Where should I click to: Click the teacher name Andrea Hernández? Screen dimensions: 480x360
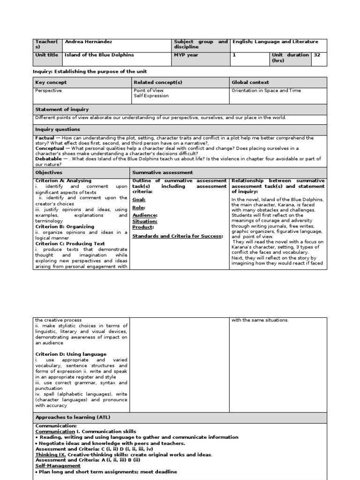click(x=88, y=42)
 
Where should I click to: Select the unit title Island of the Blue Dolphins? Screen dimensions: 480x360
click(x=99, y=55)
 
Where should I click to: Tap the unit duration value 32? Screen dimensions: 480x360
click(x=317, y=55)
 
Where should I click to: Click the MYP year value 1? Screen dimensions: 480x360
click(x=233, y=55)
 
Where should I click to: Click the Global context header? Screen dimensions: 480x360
click(x=250, y=82)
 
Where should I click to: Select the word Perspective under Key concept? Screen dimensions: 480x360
click(x=49, y=90)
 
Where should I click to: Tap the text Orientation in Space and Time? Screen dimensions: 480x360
click(x=266, y=90)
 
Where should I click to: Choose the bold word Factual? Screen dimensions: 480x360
click(x=45, y=138)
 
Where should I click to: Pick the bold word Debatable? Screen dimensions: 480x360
click(x=48, y=159)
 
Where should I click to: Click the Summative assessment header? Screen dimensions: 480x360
click(x=162, y=172)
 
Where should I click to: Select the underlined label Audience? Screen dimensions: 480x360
click(x=145, y=215)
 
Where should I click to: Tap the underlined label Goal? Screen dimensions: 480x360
click(x=139, y=199)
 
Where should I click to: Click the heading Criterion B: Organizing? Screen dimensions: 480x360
click(x=65, y=226)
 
